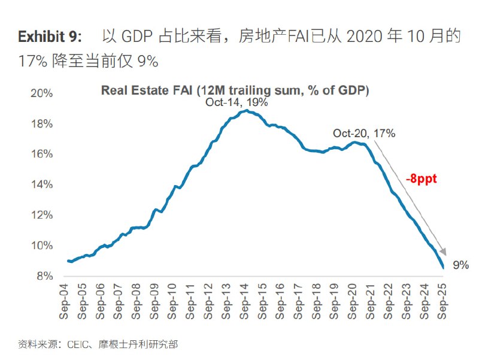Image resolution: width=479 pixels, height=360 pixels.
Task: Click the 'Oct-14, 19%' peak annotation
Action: (x=236, y=102)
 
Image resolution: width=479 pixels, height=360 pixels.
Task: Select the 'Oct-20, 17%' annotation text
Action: (x=364, y=133)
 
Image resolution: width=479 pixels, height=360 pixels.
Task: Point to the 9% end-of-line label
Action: (x=460, y=265)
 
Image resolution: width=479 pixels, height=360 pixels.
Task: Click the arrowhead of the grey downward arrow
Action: (x=443, y=252)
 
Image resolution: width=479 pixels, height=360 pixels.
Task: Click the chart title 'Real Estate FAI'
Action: (x=234, y=90)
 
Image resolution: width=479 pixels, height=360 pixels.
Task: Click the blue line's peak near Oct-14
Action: (x=246, y=111)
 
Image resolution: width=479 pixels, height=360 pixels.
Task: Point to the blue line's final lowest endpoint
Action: (x=443, y=268)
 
